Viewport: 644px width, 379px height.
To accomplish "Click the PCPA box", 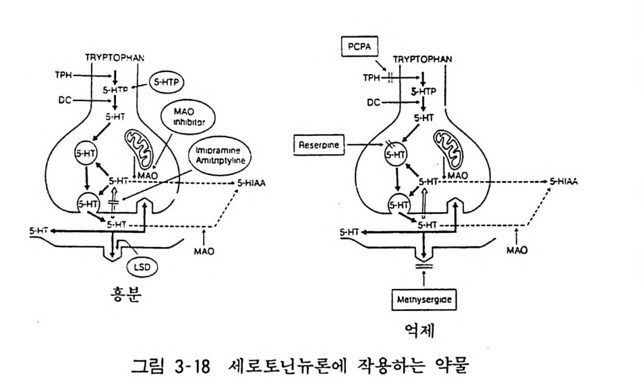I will [356, 48].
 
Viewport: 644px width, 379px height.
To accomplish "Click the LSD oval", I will [142, 267].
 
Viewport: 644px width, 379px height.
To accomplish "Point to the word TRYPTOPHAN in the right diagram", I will [422, 59].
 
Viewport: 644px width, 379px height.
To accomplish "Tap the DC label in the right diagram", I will [374, 102].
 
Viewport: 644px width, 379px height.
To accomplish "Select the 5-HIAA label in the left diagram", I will [250, 183].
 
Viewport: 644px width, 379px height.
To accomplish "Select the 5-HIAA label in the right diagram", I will [563, 182].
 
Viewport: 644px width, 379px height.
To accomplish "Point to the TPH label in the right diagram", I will [372, 77].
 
